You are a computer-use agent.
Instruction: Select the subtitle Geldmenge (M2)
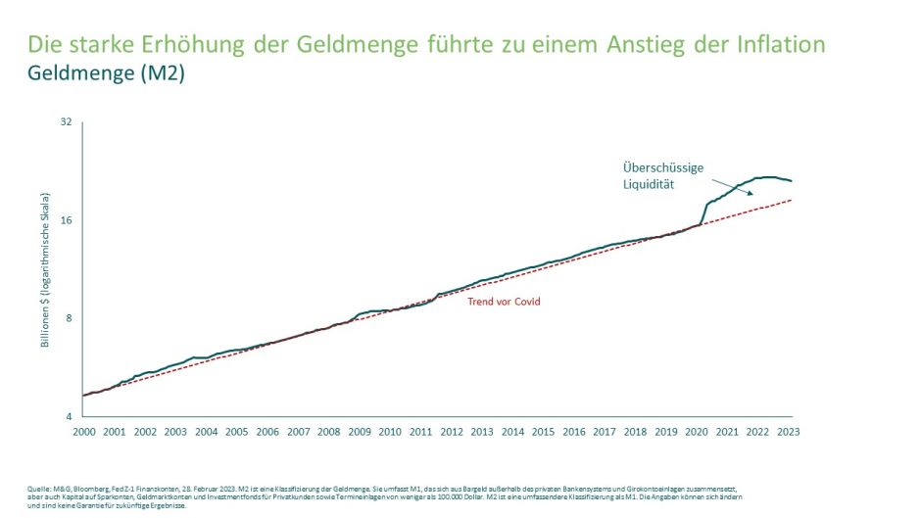106,74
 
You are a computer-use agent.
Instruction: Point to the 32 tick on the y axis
67,122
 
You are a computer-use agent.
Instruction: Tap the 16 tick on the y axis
67,220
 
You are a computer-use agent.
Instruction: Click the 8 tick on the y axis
70,318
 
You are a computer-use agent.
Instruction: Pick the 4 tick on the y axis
70,416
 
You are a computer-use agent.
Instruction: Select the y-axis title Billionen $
45,269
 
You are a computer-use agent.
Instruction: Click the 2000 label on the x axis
83,432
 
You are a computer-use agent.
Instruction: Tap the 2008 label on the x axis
328,432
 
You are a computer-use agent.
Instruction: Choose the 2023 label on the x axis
790,432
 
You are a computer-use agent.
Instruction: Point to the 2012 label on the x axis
452,432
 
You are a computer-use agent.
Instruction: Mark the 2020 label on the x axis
698,432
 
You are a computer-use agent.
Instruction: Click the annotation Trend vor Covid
503,302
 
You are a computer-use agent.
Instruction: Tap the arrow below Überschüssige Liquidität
731,188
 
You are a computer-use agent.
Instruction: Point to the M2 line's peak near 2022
766,177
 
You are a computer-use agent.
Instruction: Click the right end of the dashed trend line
790,200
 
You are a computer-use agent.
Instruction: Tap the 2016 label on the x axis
574,432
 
